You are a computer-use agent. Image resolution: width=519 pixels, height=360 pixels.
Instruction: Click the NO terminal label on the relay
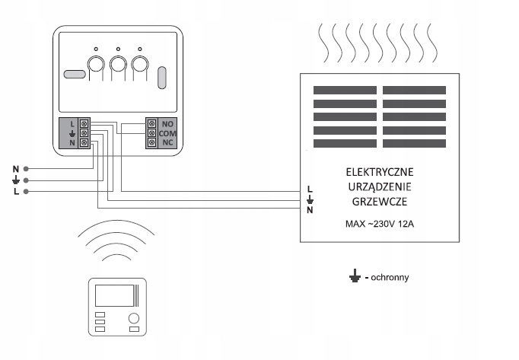coord(167,124)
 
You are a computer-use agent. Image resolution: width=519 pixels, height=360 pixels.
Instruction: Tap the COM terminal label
coord(167,133)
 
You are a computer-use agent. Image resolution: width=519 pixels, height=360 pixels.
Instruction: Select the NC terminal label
coord(167,143)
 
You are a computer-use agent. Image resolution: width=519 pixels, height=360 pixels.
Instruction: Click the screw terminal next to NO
coord(151,123)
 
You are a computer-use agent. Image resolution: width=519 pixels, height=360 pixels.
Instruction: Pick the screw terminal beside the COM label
coord(151,133)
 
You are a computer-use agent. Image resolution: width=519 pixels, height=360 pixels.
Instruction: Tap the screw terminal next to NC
coord(151,143)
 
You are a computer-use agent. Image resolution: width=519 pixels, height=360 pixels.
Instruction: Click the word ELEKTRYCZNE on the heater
coord(380,172)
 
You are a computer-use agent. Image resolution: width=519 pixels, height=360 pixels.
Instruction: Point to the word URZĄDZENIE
coord(380,186)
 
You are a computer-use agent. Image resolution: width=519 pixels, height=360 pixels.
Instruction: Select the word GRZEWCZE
coord(380,202)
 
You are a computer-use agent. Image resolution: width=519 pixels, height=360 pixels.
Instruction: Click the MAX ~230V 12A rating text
coord(380,225)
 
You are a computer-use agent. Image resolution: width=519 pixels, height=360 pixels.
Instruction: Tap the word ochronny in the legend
coord(390,277)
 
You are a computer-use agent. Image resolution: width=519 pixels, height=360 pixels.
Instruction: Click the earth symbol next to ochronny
coord(355,276)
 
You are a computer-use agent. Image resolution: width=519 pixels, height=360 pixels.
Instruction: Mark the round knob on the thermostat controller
coord(134,318)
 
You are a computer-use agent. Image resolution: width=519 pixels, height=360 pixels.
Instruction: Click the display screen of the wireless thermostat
coord(114,295)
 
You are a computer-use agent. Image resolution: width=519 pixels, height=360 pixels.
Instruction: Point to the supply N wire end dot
coord(26,169)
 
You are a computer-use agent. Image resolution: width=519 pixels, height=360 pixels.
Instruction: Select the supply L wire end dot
coord(26,192)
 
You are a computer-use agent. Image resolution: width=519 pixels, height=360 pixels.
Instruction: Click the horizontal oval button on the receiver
coord(75,74)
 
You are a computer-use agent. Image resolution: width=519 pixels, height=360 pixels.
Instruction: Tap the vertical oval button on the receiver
coord(162,78)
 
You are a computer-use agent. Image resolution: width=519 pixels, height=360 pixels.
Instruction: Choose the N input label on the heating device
coord(310,210)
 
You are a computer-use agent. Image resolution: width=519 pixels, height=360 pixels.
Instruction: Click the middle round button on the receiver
coord(118,64)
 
